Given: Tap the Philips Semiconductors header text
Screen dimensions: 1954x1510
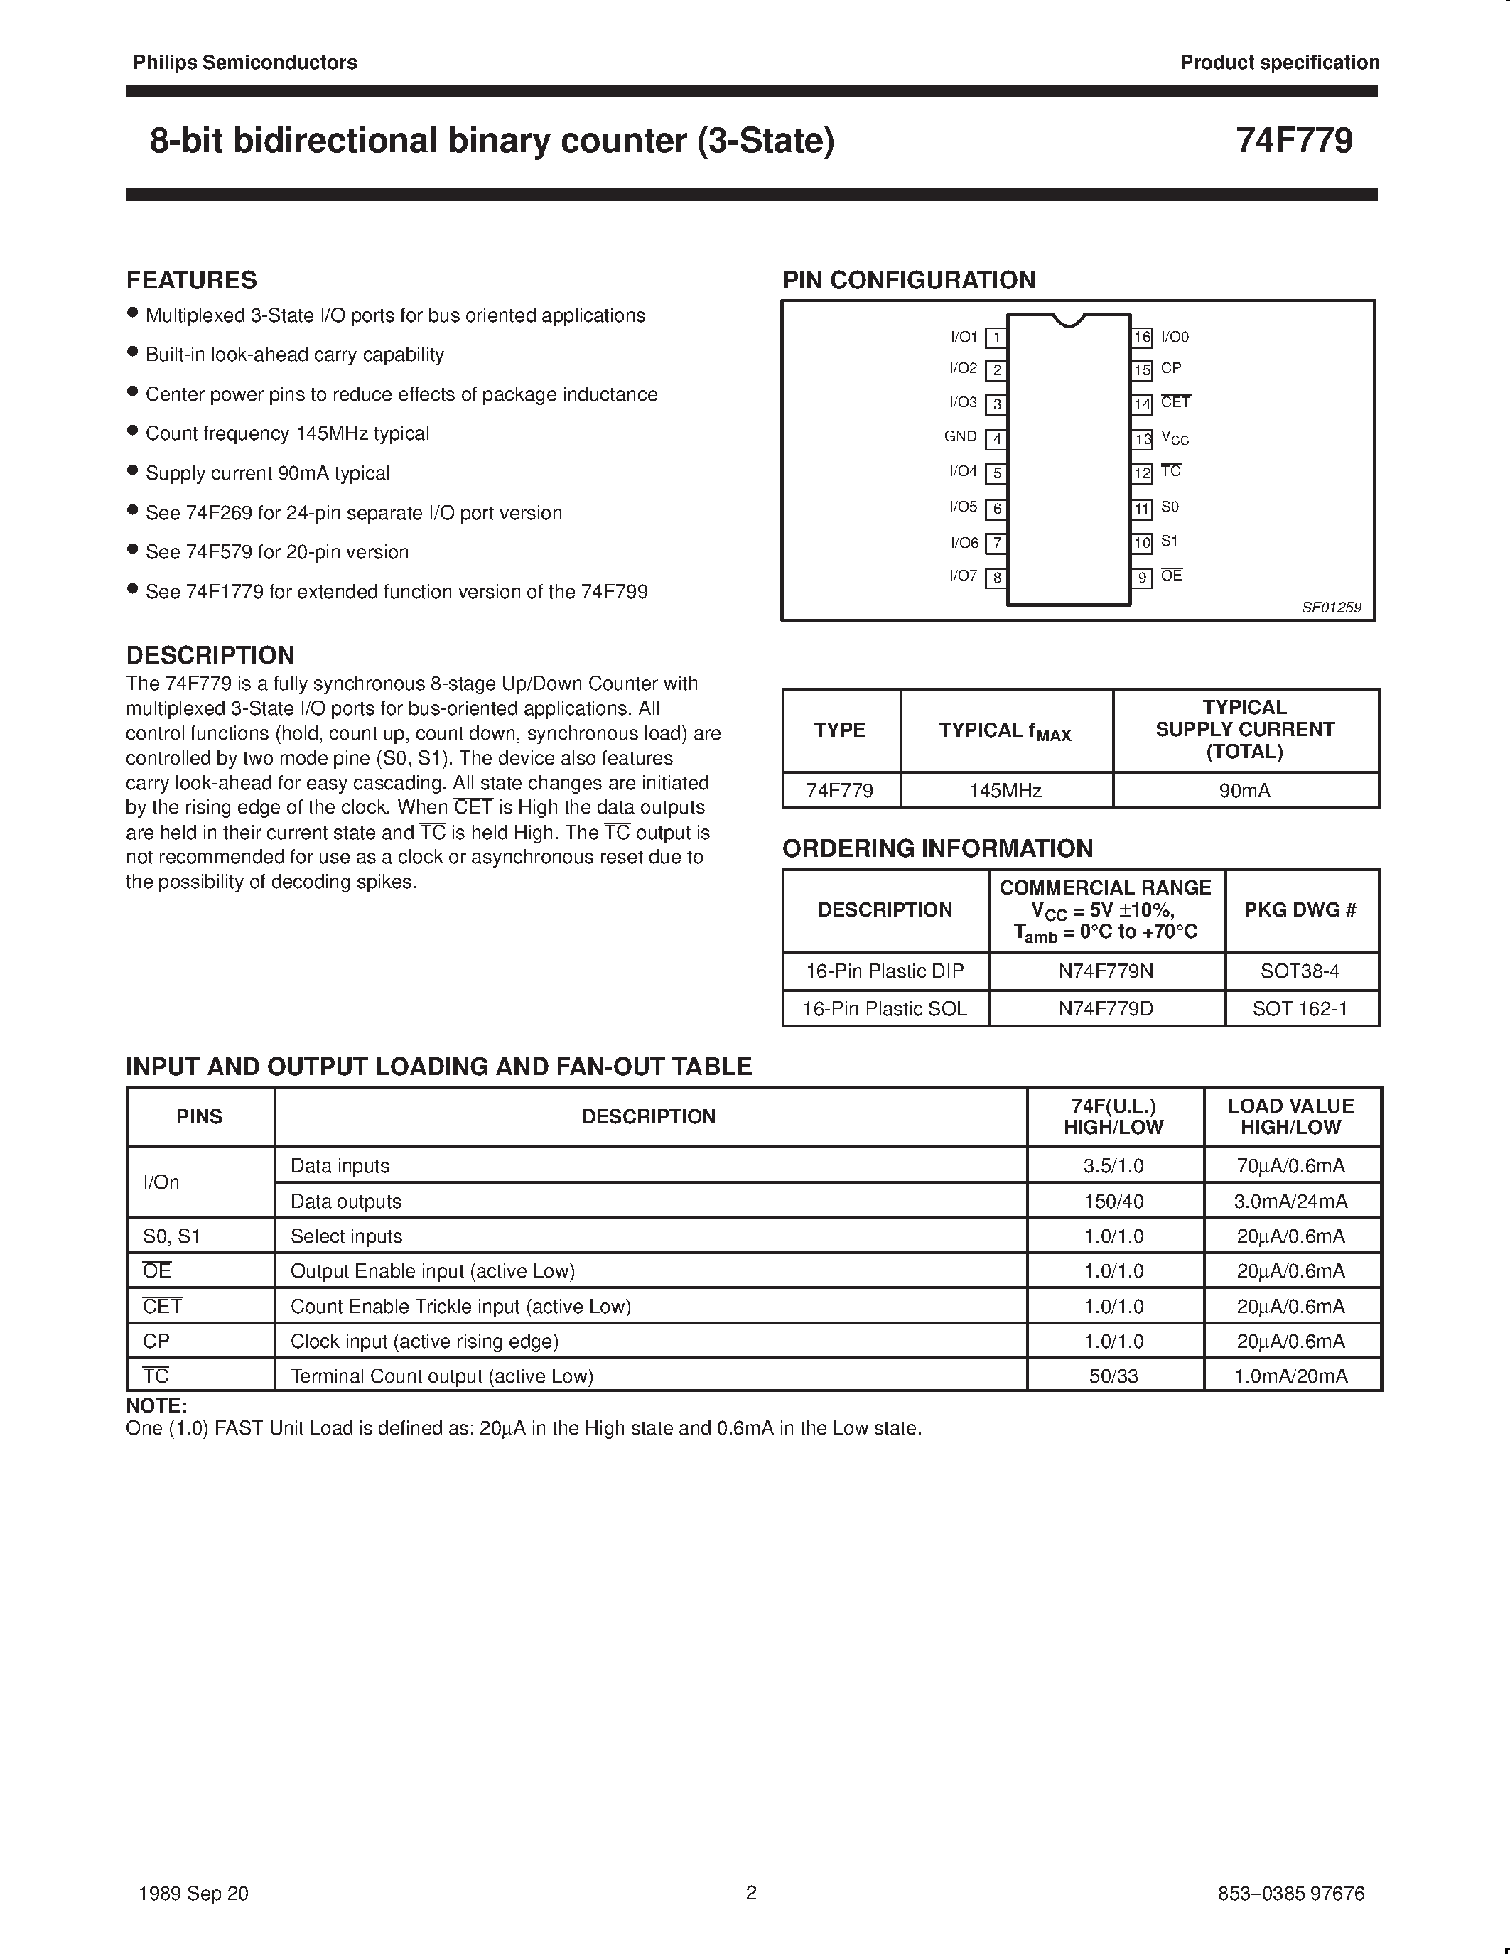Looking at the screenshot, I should [244, 63].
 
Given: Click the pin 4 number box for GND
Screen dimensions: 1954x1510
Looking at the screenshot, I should [996, 439].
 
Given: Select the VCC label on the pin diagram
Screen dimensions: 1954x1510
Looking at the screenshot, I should [1175, 438].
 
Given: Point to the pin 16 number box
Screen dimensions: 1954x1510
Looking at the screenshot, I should [1141, 338].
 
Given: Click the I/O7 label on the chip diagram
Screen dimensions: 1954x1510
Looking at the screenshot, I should [963, 576].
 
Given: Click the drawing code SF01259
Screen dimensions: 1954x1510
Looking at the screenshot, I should [1331, 608].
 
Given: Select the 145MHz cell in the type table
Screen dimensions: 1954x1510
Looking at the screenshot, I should [1005, 791].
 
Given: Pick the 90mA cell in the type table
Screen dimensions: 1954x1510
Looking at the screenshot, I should [1244, 791].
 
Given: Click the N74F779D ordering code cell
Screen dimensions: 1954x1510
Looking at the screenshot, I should [1106, 1008].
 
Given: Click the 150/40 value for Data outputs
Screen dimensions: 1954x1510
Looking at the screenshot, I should [1113, 1202].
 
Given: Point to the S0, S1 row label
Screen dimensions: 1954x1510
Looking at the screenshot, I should [172, 1236].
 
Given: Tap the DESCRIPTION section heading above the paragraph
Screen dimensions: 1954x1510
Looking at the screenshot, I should [210, 655].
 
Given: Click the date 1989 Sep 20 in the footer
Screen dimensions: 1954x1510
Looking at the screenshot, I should [193, 1893].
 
